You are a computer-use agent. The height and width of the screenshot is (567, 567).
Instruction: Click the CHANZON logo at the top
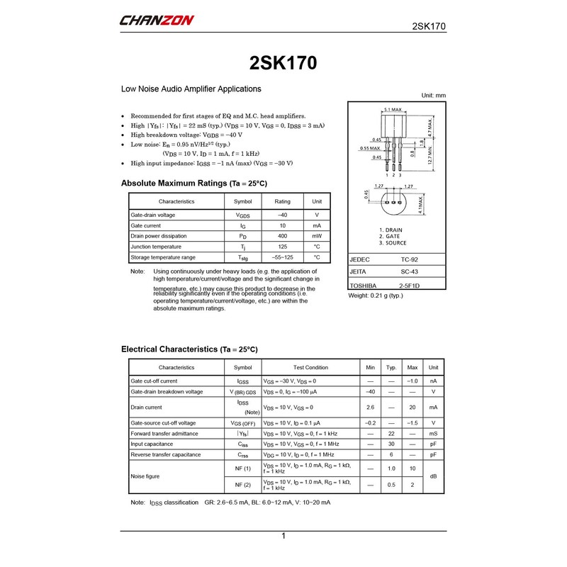pyautogui.click(x=157, y=21)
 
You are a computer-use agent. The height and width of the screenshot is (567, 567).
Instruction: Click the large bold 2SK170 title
pyautogui.click(x=283, y=63)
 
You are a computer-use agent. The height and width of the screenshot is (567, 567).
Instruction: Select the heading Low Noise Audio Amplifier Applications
pyautogui.click(x=191, y=89)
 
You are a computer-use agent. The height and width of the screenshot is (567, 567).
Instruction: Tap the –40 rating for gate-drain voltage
pyautogui.click(x=283, y=215)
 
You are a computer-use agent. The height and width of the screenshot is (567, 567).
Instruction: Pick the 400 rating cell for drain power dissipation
pyautogui.click(x=283, y=236)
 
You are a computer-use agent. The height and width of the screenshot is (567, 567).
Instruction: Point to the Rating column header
pyautogui.click(x=283, y=201)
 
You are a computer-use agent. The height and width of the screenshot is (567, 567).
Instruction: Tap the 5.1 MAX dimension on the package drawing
pyautogui.click(x=393, y=110)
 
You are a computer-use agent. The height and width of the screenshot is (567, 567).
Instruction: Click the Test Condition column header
pyautogui.click(x=310, y=368)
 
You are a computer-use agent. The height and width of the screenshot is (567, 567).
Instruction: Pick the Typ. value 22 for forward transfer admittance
pyautogui.click(x=391, y=433)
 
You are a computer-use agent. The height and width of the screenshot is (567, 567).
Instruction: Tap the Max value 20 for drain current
pyautogui.click(x=412, y=408)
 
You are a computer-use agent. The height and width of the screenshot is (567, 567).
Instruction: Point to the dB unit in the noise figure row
pyautogui.click(x=433, y=476)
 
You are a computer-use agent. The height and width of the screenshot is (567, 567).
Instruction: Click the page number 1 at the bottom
pyautogui.click(x=283, y=537)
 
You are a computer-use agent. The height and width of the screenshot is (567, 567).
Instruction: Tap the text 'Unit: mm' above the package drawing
pyautogui.click(x=433, y=95)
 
